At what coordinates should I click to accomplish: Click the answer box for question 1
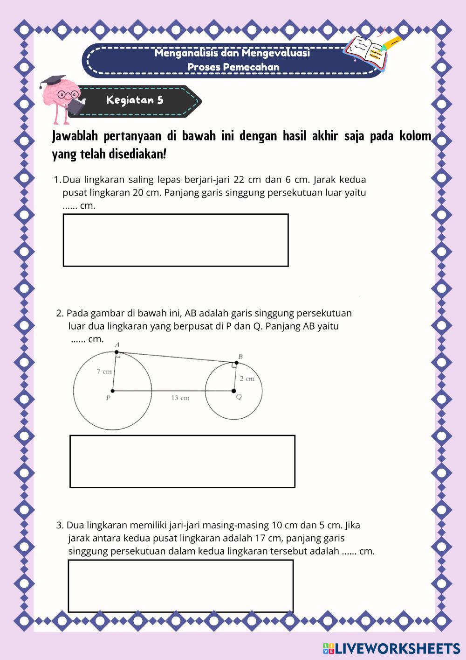[176, 240]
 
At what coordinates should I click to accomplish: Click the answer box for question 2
[182, 461]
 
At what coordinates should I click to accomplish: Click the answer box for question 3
[181, 585]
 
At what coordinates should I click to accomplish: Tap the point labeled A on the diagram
[116, 352]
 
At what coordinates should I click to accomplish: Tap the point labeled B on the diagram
[236, 363]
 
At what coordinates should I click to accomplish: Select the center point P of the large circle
[112, 391]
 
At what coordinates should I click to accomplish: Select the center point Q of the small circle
[233, 391]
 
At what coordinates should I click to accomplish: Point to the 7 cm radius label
[104, 372]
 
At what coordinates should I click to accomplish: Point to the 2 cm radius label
[247, 379]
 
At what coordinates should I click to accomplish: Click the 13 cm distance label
[180, 398]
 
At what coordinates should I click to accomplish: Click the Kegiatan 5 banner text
[135, 100]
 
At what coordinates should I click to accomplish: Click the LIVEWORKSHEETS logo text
[397, 648]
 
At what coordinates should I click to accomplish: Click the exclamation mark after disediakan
[164, 154]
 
